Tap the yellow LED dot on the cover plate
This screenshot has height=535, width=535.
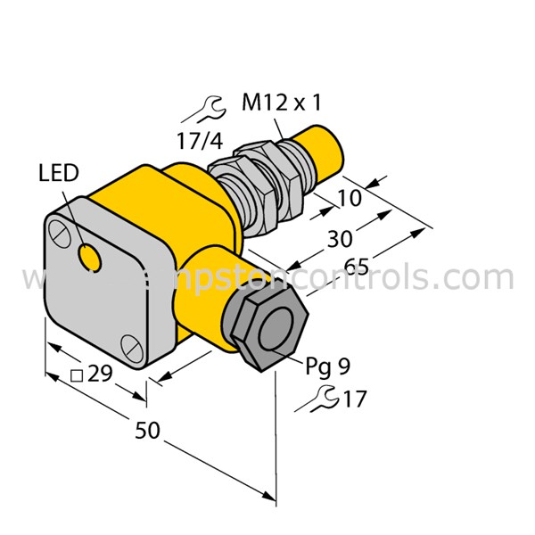tap(89, 258)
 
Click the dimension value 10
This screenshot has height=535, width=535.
tap(350, 197)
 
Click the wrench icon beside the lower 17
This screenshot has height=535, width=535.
tap(324, 399)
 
